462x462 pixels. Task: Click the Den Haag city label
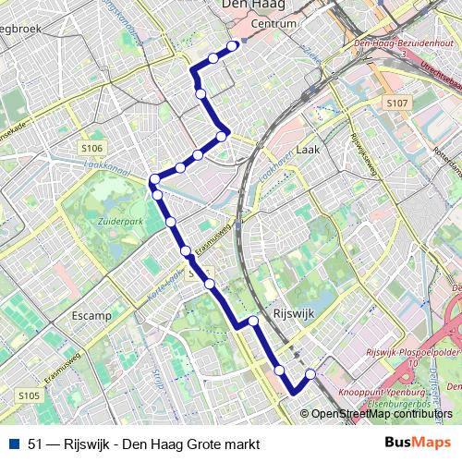coord(254,6)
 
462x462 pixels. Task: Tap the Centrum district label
coord(274,23)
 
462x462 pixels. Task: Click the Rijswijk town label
coord(295,313)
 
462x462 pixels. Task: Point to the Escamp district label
coord(91,315)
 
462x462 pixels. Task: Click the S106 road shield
coord(91,147)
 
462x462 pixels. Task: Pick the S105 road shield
coord(29,395)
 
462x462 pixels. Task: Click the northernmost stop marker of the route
coord(233,43)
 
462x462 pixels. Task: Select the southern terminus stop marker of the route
coord(310,373)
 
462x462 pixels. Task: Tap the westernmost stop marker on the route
coord(154,178)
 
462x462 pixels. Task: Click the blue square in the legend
coord(14,444)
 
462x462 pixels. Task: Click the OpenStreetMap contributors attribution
coord(382,414)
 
